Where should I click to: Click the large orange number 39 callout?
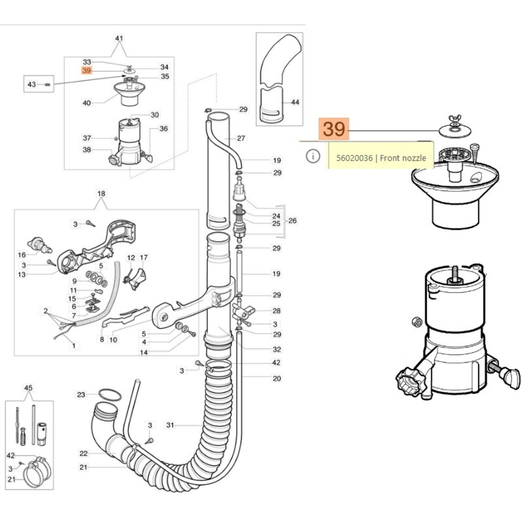tap(334, 129)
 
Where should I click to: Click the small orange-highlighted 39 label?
tap(87, 71)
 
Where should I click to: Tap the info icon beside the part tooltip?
tap(313, 156)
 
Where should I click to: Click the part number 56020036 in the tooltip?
tap(354, 158)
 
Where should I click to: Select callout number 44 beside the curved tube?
tap(295, 102)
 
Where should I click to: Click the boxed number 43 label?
tap(32, 84)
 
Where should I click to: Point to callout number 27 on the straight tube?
tap(241, 138)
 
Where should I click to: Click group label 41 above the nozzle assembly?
tap(119, 38)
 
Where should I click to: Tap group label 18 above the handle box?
tap(101, 194)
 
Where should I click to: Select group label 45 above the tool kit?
tap(28, 388)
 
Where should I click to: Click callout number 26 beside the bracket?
tap(292, 221)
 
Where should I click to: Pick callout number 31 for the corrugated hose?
tap(170, 425)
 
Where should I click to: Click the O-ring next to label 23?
tap(110, 395)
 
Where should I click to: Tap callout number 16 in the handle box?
tap(22, 255)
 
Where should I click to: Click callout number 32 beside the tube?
tap(277, 349)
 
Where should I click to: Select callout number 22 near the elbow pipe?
tap(84, 453)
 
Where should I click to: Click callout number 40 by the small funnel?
tap(87, 103)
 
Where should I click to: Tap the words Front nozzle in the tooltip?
tap(403, 158)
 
